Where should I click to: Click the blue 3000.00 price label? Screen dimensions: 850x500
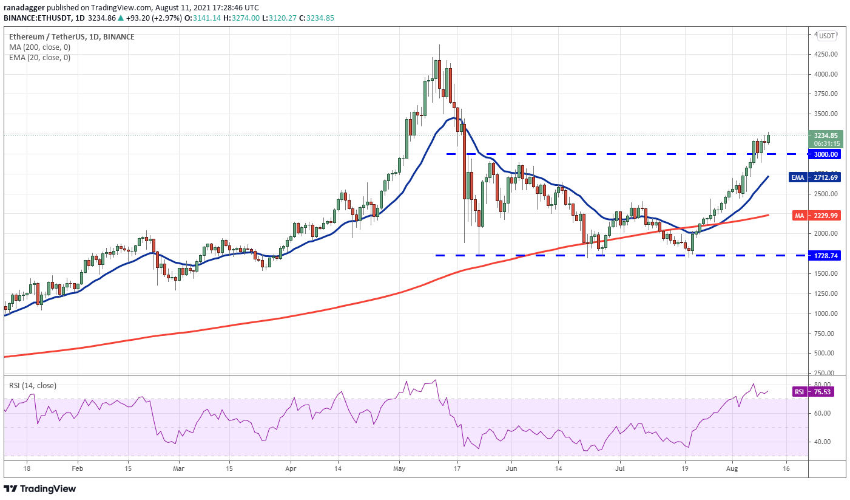pyautogui.click(x=825, y=154)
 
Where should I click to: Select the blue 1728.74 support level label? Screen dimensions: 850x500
pyautogui.click(x=825, y=256)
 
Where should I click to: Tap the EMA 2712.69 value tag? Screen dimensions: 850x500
pyautogui.click(x=815, y=177)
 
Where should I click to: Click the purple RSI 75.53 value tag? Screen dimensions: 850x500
pyautogui.click(x=813, y=392)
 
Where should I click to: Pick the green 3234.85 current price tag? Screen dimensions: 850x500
pyautogui.click(x=826, y=139)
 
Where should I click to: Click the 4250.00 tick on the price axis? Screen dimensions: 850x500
pyautogui.click(x=826, y=54)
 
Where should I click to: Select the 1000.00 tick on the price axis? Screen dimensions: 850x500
pyautogui.click(x=826, y=314)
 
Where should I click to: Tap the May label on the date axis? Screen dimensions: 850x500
pyautogui.click(x=400, y=468)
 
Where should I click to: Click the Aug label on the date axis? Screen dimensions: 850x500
pyautogui.click(x=732, y=468)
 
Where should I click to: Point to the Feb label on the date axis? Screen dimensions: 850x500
pyautogui.click(x=78, y=468)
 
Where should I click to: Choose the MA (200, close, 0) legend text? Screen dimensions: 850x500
pyautogui.click(x=40, y=47)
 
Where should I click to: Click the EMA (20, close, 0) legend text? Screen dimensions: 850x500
pyautogui.click(x=40, y=57)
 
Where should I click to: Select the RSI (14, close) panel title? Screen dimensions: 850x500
pyautogui.click(x=33, y=386)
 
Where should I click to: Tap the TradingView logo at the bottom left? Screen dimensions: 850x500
pyautogui.click(x=40, y=488)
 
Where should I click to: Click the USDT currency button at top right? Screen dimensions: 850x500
pyautogui.click(x=826, y=36)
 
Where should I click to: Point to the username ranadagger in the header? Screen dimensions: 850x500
pyautogui.click(x=24, y=8)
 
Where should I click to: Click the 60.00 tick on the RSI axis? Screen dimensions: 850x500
pyautogui.click(x=822, y=413)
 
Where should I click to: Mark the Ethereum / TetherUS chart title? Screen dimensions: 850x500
pyautogui.click(x=47, y=37)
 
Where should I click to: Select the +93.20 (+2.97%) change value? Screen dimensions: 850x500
pyautogui.click(x=153, y=18)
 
